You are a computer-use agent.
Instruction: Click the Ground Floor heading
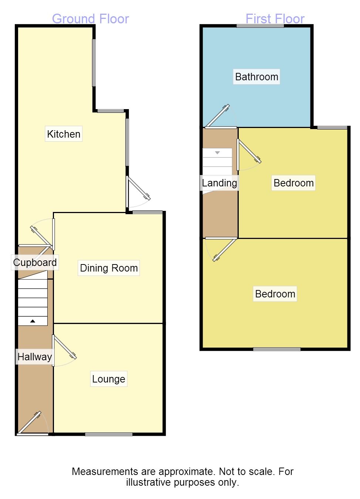pyautogui.click(x=90, y=19)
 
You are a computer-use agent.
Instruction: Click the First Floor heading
pyautogui.click(x=275, y=19)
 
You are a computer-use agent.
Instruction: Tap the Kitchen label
pyautogui.click(x=64, y=134)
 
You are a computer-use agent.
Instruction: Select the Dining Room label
pyautogui.click(x=109, y=268)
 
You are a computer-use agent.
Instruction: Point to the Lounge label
pyautogui.click(x=109, y=379)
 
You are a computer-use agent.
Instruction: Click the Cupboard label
pyautogui.click(x=35, y=262)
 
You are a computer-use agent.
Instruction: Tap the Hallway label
pyautogui.click(x=35, y=357)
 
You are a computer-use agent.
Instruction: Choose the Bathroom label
pyautogui.click(x=257, y=77)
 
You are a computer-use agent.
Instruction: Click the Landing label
pyautogui.click(x=219, y=183)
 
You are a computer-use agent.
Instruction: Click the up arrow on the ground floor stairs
pyautogui.click(x=33, y=321)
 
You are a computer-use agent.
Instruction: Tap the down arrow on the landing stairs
pyautogui.click(x=217, y=152)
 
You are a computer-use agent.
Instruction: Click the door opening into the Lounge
pyautogui.click(x=65, y=347)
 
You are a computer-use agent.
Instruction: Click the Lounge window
pyautogui.click(x=109, y=434)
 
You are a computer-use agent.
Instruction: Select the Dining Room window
pyautogui.click(x=147, y=212)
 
